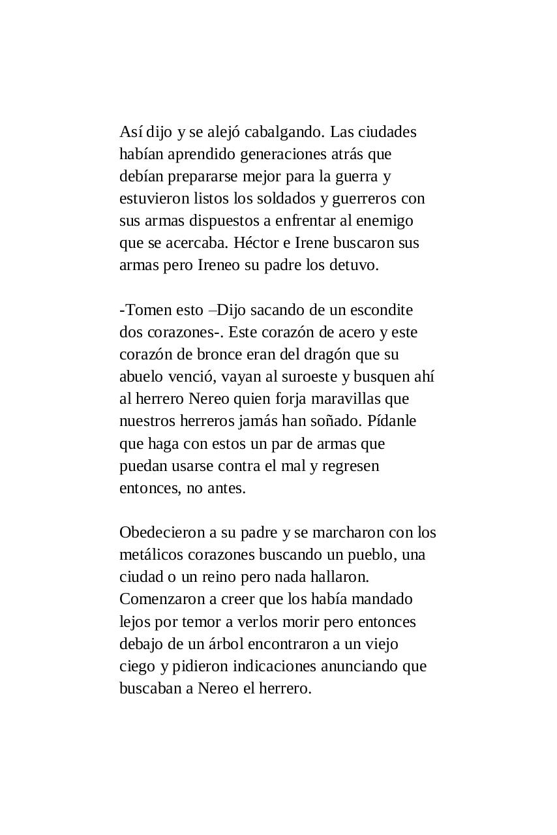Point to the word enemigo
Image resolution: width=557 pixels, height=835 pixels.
[385, 220]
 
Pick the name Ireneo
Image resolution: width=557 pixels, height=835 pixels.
[219, 265]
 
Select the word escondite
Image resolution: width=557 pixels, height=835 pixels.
[382, 310]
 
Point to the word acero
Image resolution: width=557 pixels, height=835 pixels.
[356, 332]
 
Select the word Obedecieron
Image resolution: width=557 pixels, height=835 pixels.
[159, 532]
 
